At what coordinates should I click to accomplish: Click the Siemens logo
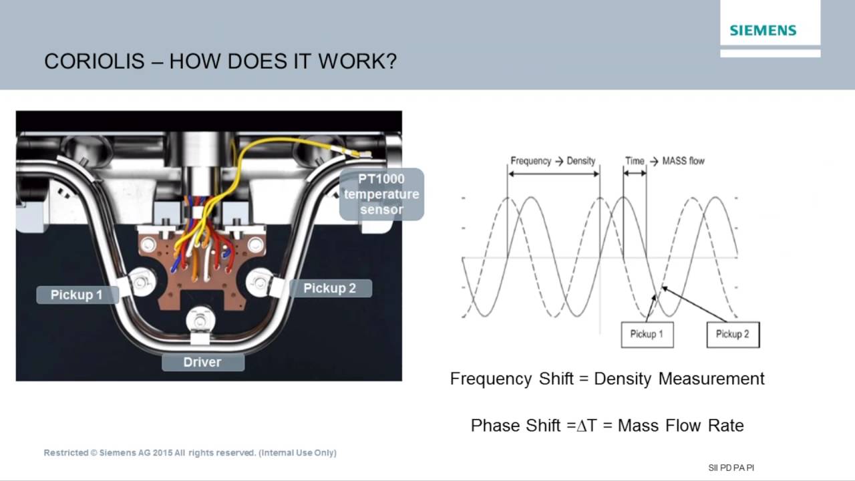[x=763, y=30]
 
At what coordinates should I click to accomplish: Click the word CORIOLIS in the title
[x=94, y=61]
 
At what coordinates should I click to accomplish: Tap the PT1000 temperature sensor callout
[x=381, y=194]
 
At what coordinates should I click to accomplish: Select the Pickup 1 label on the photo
[x=77, y=295]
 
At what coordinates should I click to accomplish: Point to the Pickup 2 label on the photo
[x=329, y=289]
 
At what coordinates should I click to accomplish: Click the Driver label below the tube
[x=202, y=362]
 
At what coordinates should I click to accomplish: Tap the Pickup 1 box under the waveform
[x=647, y=334]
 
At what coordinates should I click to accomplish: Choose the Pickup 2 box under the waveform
[x=732, y=334]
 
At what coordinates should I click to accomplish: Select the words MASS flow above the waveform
[x=683, y=161]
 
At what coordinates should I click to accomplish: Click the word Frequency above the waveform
[x=530, y=161]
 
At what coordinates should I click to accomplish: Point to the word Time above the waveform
[x=635, y=161]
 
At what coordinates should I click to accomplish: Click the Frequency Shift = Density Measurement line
[x=607, y=379]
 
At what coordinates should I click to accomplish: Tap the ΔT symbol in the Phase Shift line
[x=586, y=426]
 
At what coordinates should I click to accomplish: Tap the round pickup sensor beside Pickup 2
[x=259, y=282]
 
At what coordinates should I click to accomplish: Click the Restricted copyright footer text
[x=190, y=453]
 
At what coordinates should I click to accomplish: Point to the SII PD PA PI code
[x=731, y=468]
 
